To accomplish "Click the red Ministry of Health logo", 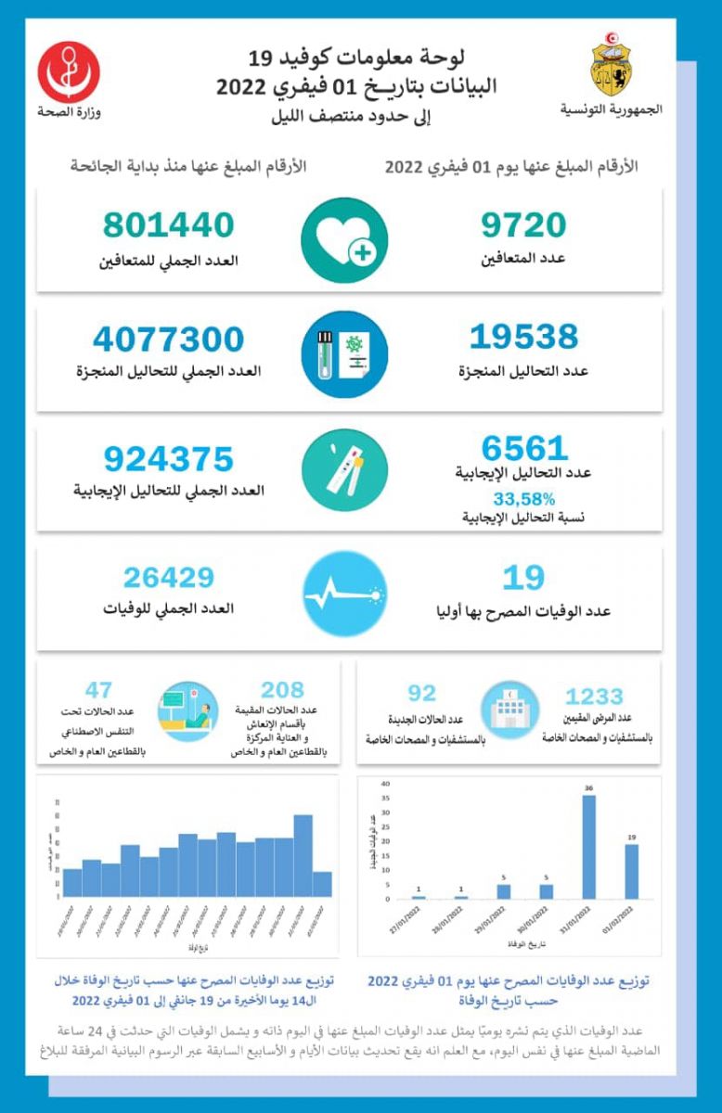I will click(70, 71).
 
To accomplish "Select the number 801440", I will click(169, 225).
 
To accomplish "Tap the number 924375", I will click(169, 459).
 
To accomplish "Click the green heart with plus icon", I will click(344, 239).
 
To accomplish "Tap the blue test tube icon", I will click(344, 354).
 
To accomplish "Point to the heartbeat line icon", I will click(344, 595).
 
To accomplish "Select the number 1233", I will click(594, 697).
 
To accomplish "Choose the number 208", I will click(282, 690).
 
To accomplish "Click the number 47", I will click(98, 690).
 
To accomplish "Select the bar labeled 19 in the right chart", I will click(631, 871).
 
